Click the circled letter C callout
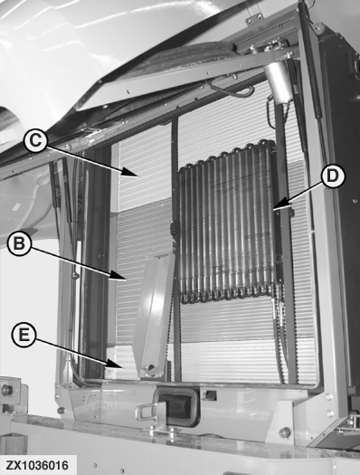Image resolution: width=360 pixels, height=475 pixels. (35, 141)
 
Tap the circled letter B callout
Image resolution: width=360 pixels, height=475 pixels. (19, 243)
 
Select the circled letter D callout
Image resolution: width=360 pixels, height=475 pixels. (333, 176)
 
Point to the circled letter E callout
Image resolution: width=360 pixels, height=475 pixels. (24, 336)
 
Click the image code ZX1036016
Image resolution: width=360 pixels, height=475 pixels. (37, 465)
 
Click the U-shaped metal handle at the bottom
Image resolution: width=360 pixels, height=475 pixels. (147, 414)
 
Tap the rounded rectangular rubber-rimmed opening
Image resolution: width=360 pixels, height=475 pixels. (176, 407)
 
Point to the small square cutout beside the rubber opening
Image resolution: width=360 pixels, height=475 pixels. (211, 395)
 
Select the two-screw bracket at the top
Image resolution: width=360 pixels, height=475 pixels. (254, 19)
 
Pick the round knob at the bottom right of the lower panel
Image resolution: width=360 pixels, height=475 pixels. (285, 432)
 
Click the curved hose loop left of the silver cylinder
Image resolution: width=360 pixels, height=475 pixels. (232, 90)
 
